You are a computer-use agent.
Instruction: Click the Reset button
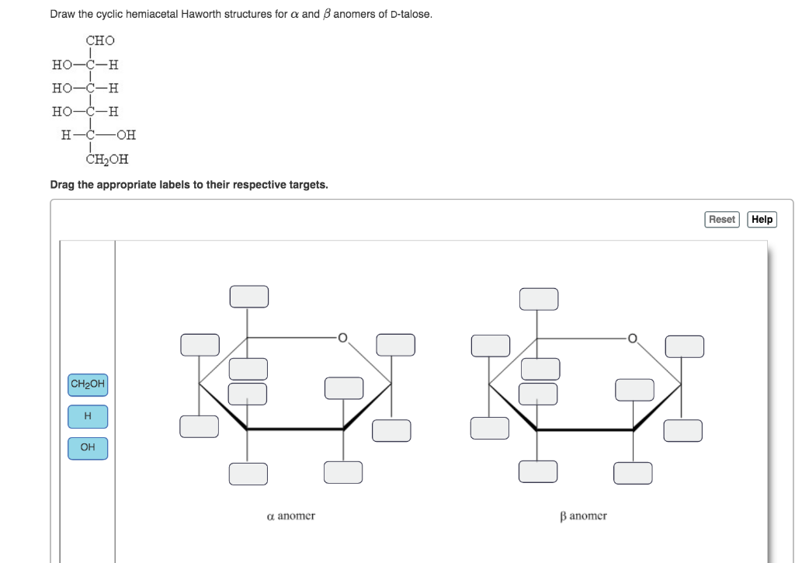point(721,220)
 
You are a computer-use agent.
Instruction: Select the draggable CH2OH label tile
point(87,384)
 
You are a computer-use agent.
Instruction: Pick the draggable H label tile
point(87,416)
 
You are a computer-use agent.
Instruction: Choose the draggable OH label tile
point(87,447)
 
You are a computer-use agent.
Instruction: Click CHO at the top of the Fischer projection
point(99,40)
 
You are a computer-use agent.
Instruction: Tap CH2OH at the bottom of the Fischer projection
point(107,160)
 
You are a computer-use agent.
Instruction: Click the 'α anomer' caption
point(290,516)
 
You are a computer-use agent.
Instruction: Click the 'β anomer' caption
point(583,516)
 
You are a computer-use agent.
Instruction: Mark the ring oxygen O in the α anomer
point(342,338)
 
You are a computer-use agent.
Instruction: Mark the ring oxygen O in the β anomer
point(633,338)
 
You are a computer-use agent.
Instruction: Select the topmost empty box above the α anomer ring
point(248,296)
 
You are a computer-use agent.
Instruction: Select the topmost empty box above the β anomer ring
point(538,298)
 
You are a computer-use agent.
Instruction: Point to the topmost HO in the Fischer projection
point(62,64)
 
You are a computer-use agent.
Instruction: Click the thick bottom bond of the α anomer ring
point(295,429)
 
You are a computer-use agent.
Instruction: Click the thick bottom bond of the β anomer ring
point(585,429)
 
